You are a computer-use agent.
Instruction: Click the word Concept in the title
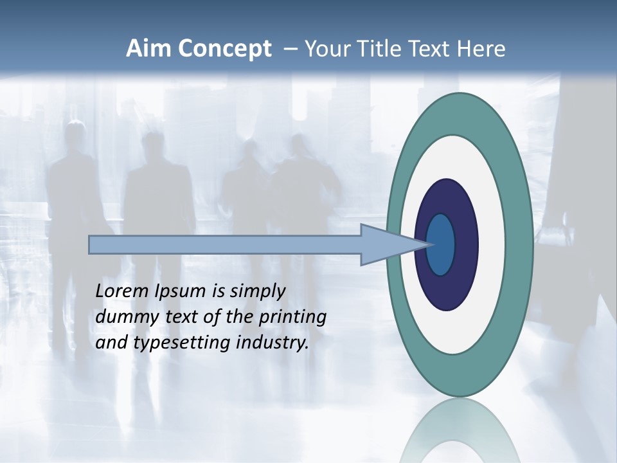coord(224,49)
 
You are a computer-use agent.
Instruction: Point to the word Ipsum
coord(182,291)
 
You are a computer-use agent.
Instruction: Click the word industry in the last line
coord(273,343)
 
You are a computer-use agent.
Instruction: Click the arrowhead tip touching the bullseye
coord(429,244)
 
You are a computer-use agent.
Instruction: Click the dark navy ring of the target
coord(466,244)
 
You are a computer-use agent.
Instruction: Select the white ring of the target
coord(492,244)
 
